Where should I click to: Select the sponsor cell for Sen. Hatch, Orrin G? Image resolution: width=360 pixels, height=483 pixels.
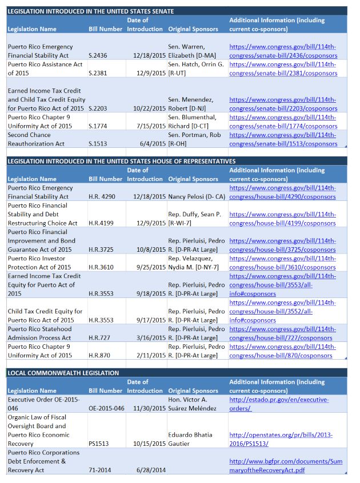tap(195, 69)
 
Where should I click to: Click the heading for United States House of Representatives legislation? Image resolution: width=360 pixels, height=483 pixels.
tap(121, 161)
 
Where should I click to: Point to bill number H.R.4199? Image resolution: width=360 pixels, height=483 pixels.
tap(99, 223)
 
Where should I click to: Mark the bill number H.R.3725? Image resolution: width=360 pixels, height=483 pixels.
tap(99, 249)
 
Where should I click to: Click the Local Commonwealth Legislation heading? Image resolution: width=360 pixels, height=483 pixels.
tap(63, 373)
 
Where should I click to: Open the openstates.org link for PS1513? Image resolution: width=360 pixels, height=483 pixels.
tap(281, 439)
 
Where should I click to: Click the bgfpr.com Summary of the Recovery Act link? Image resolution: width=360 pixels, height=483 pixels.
tap(285, 465)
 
